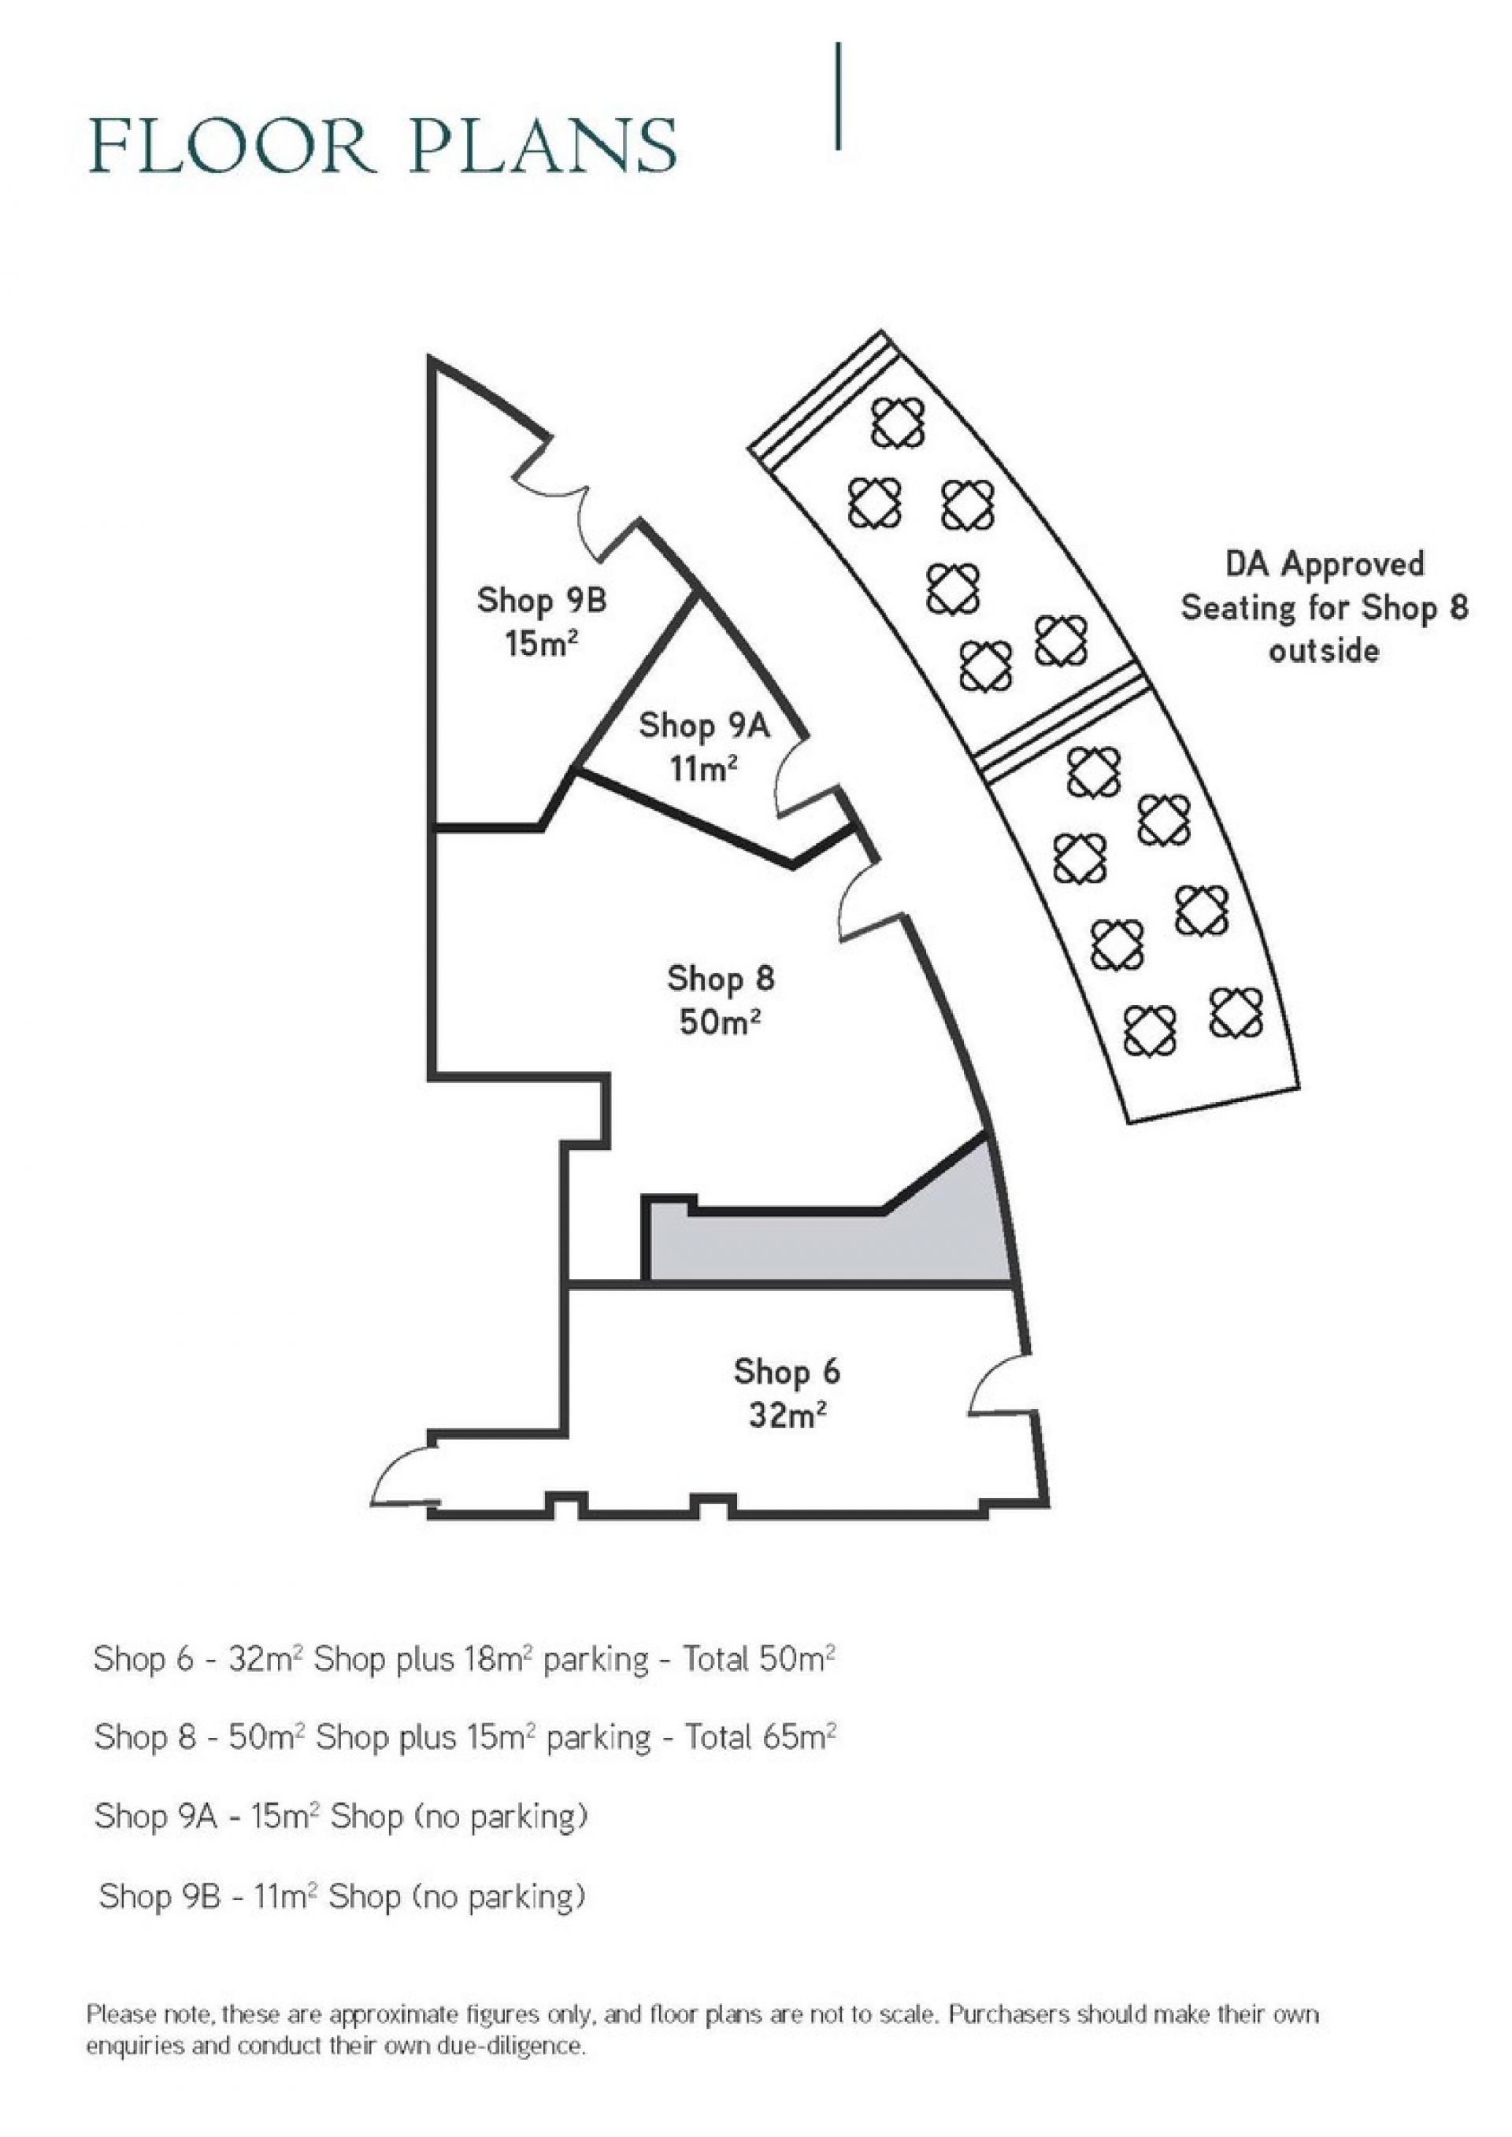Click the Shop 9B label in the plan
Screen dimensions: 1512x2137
tap(542, 600)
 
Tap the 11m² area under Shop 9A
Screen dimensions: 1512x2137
tap(704, 768)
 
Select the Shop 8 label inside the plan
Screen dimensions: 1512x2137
tap(721, 978)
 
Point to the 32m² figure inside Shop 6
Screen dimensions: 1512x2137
tap(787, 1416)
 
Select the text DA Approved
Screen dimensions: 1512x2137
tap(1324, 564)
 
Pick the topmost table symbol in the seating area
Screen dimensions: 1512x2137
tap(899, 423)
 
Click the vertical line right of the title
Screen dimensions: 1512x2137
tap(839, 96)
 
